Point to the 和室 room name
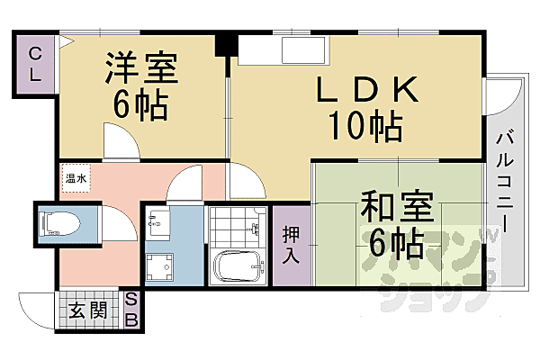pyautogui.click(x=394, y=207)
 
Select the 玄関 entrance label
pyautogui.click(x=88, y=311)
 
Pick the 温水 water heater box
pyautogui.click(x=75, y=179)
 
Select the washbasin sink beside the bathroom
pyautogui.click(x=158, y=221)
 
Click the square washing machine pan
pyautogui.click(x=163, y=266)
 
